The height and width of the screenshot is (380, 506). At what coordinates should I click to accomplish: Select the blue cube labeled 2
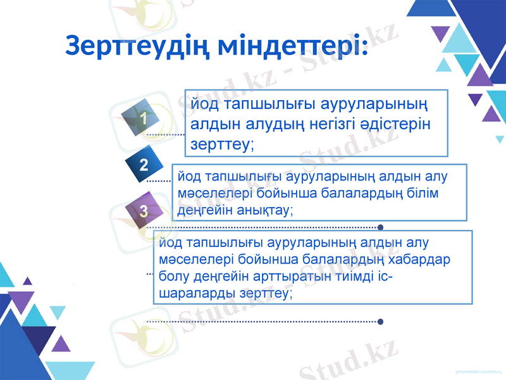(x=144, y=165)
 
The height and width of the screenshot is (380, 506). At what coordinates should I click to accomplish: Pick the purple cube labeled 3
(x=144, y=211)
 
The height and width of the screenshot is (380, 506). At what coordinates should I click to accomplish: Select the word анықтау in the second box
(x=264, y=209)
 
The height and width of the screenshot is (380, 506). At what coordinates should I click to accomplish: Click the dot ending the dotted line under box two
(x=379, y=227)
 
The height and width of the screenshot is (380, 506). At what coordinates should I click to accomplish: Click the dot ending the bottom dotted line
(x=379, y=322)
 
